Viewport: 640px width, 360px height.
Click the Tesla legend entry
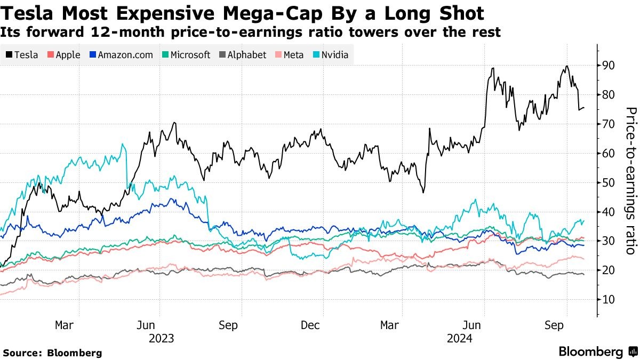[22, 55]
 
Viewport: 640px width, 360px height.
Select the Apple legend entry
[64, 55]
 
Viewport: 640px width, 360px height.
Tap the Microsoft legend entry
[186, 55]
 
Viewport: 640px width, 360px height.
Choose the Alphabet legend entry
[242, 55]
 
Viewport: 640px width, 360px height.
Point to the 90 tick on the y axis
[609, 66]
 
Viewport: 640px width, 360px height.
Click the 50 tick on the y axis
[609, 182]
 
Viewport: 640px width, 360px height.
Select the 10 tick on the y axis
[609, 299]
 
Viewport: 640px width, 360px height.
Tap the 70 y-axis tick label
[609, 124]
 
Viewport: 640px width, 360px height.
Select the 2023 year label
[162, 338]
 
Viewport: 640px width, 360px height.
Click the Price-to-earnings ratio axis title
[631, 181]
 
